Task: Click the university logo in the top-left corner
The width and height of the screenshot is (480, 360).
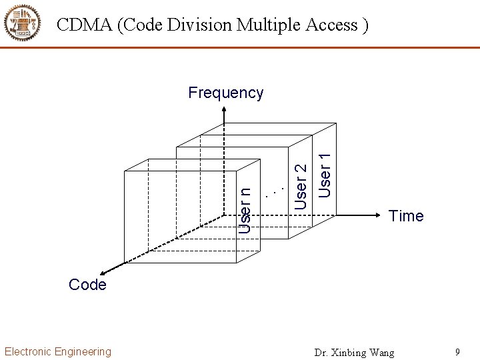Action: point(22,23)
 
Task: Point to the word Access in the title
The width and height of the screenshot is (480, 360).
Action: point(333,25)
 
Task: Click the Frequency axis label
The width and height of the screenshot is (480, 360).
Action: point(225,93)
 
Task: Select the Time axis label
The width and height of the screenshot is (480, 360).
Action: point(406,216)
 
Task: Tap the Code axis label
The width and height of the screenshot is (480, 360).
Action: point(87,285)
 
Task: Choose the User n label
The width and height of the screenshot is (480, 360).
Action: point(245,209)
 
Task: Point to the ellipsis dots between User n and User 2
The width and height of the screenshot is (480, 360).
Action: point(274,191)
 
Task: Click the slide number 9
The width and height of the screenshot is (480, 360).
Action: point(457,351)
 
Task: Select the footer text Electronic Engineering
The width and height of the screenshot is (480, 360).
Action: point(58,351)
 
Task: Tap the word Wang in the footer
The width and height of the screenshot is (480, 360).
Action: point(382,352)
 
